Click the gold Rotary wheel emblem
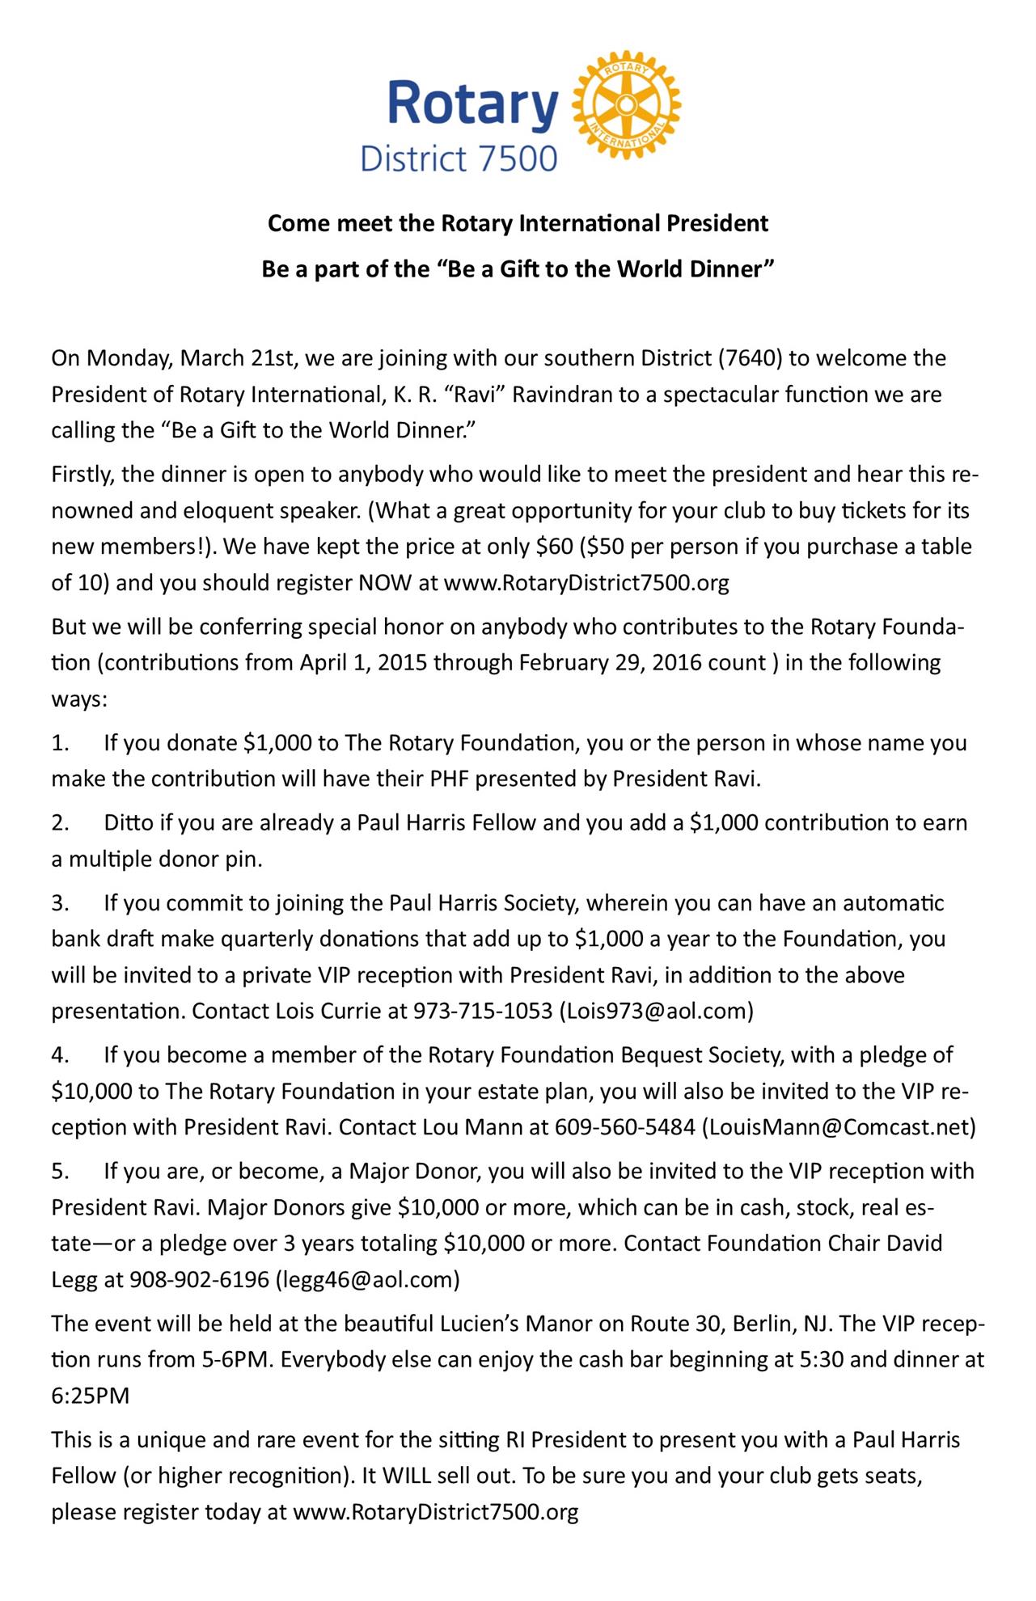[x=626, y=105]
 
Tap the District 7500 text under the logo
[x=459, y=158]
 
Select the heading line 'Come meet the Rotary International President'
[x=518, y=223]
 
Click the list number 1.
[x=61, y=743]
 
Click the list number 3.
[x=61, y=903]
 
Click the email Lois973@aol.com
[x=657, y=1012]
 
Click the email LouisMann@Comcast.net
[x=842, y=1127]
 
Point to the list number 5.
[x=61, y=1172]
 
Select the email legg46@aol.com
[x=368, y=1280]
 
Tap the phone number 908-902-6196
[x=199, y=1280]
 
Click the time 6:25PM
[x=91, y=1396]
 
